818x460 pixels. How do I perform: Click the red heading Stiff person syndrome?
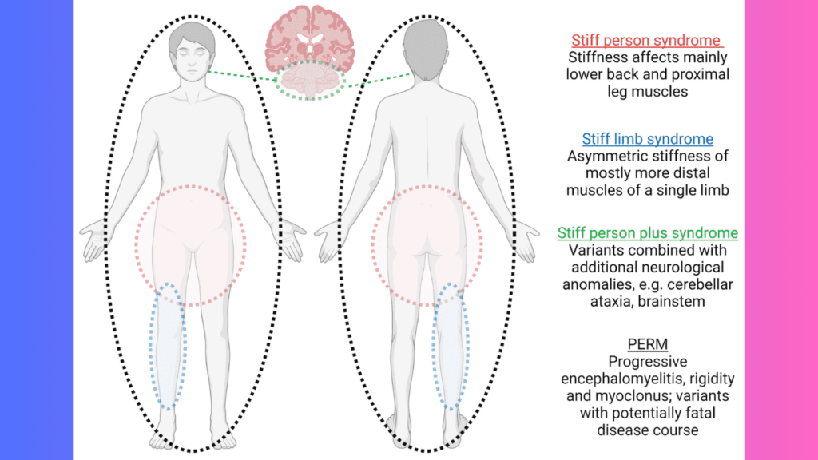pos(647,40)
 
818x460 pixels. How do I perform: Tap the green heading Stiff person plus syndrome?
pos(647,233)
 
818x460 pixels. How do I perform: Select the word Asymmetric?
pos(602,157)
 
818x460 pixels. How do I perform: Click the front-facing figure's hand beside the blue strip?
pos(94,238)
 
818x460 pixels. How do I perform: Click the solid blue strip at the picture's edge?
pos(36,230)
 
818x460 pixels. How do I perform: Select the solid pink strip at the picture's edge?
pos(780,230)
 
